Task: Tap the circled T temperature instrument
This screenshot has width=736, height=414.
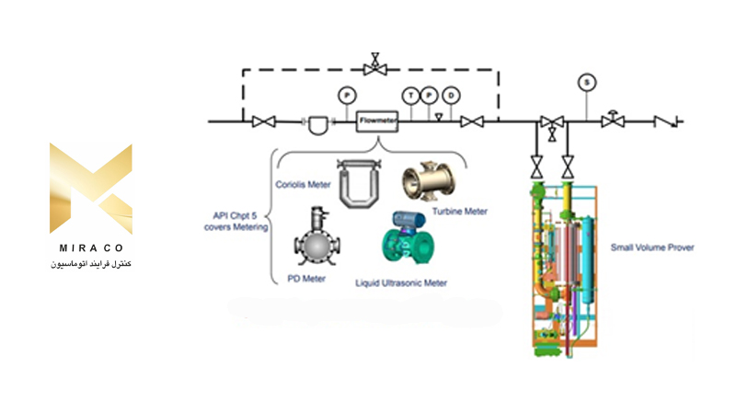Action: click(x=409, y=95)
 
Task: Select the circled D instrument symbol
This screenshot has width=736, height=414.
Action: click(x=451, y=95)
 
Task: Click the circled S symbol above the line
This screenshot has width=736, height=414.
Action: click(x=586, y=82)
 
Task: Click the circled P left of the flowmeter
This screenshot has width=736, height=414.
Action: click(x=347, y=95)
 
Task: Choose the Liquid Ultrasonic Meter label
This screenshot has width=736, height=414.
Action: click(x=401, y=282)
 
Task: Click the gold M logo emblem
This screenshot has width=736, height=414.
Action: click(x=90, y=188)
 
